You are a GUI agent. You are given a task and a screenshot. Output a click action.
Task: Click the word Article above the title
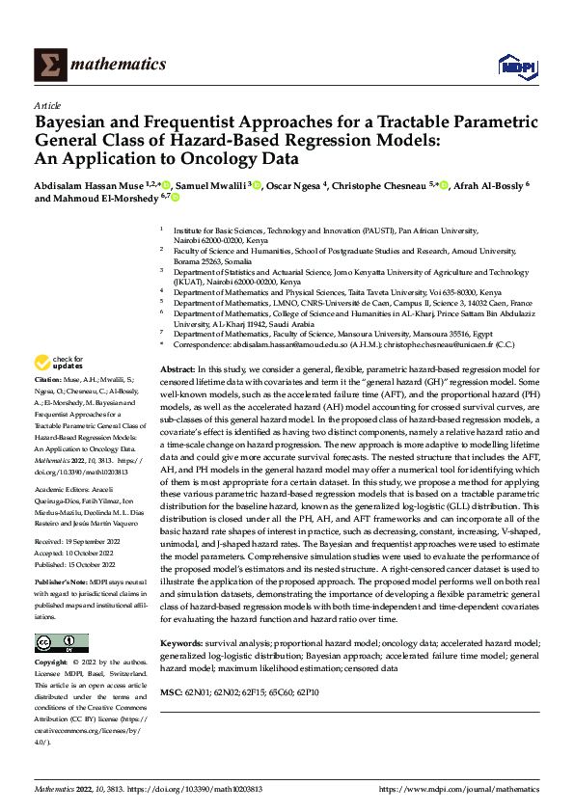46,105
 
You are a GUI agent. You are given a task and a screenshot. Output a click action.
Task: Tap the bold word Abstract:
177,370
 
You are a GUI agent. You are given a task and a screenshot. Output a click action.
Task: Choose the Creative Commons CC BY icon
61,643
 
